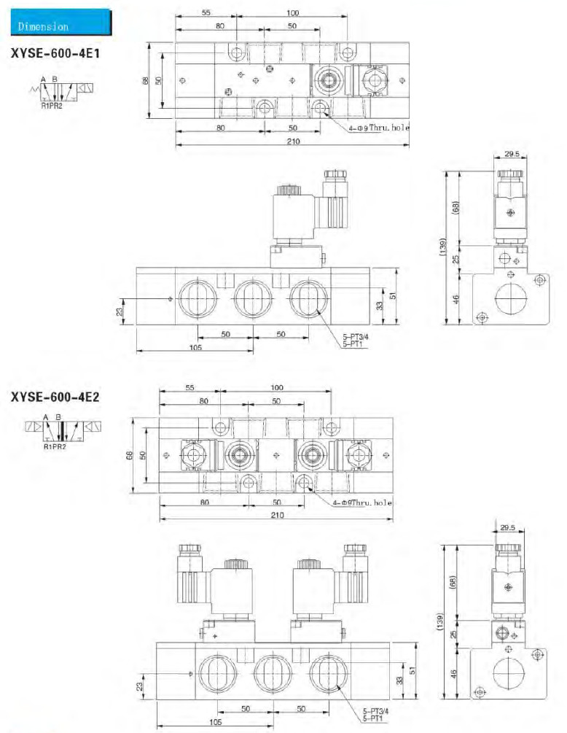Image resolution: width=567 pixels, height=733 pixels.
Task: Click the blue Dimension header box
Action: [x=61, y=23]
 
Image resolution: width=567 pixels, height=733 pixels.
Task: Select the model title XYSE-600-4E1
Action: [x=55, y=53]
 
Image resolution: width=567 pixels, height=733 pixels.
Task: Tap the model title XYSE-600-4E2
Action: [x=55, y=397]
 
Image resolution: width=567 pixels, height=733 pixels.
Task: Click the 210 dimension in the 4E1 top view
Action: [x=293, y=141]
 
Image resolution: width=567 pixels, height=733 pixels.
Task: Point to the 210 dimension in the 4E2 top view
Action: [x=277, y=515]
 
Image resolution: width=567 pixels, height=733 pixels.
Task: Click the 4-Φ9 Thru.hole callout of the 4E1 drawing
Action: [x=379, y=128]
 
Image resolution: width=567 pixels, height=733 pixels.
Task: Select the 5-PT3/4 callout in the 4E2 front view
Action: [x=376, y=711]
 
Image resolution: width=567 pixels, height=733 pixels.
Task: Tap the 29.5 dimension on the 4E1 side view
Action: [x=512, y=153]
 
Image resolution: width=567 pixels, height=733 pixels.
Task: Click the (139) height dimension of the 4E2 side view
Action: [x=439, y=622]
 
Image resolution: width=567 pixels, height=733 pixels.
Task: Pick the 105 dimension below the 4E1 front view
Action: [x=196, y=347]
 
